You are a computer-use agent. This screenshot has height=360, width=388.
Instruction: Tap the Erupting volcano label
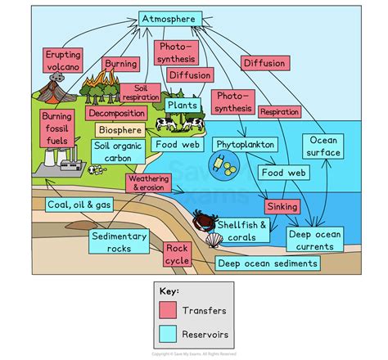[x=62, y=60]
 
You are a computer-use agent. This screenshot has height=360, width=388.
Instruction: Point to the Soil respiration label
[x=141, y=92]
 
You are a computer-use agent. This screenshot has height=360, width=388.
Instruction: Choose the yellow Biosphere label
[x=119, y=129]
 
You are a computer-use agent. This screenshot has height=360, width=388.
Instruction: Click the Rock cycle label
[x=178, y=254]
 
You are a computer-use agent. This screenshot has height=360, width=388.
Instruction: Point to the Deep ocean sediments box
[x=268, y=263]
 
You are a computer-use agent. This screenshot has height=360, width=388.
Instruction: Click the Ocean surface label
[x=324, y=146]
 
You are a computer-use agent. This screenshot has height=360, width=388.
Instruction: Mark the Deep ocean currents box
[x=314, y=239]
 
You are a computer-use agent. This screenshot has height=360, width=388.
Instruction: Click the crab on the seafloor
[x=203, y=220]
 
